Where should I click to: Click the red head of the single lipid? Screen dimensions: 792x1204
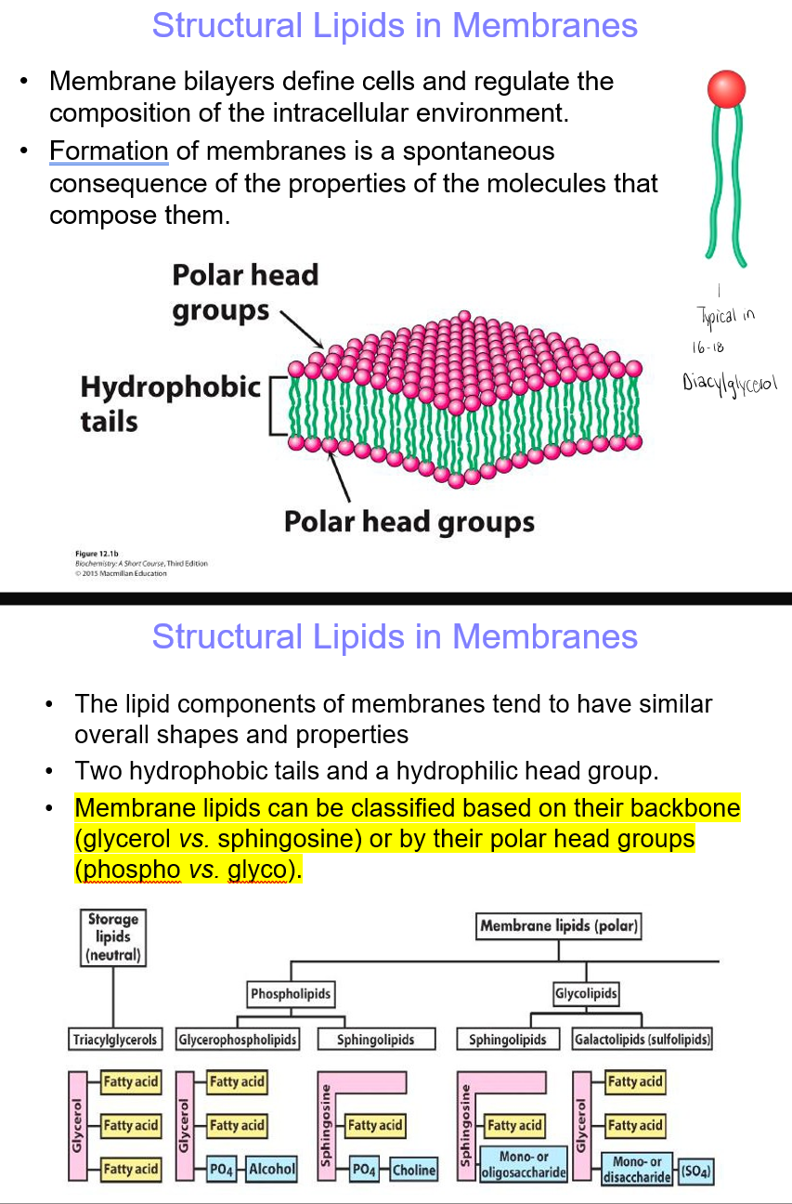[x=726, y=90]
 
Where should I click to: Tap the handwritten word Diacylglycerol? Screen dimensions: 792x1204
[x=730, y=383]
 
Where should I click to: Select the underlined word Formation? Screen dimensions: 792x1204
[x=109, y=151]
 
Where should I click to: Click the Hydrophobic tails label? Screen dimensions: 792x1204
[x=170, y=404]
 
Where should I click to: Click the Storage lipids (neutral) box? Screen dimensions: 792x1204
[x=112, y=936]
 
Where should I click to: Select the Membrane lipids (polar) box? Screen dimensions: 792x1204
[x=560, y=925]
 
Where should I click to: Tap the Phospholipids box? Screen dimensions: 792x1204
[x=291, y=994]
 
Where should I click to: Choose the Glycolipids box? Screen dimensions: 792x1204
[x=586, y=994]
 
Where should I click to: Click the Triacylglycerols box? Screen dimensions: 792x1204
[x=115, y=1039]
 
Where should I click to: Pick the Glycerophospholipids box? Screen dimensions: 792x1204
[x=238, y=1039]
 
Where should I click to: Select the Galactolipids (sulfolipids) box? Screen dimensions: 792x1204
[x=643, y=1039]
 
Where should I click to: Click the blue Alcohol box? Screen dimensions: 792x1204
[x=271, y=1170]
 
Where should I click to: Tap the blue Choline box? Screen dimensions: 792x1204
[x=414, y=1170]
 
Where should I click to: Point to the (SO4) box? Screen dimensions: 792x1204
[x=696, y=1171]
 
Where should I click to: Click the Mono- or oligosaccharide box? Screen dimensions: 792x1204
[x=524, y=1165]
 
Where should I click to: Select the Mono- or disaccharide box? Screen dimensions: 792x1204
[x=637, y=1169]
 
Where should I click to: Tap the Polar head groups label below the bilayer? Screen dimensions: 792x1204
[x=409, y=522]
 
